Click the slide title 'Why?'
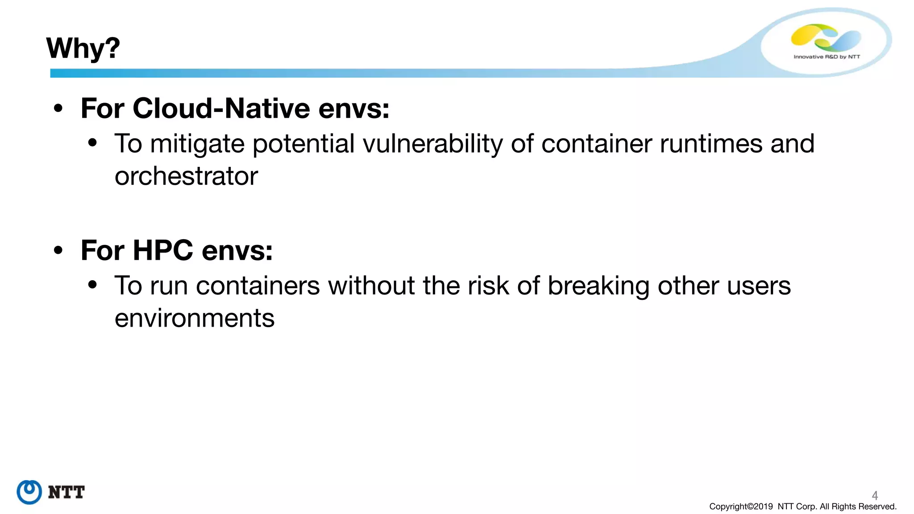pos(83,48)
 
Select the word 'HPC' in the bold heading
pos(163,250)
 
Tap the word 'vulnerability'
pos(432,144)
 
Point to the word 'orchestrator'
pos(186,176)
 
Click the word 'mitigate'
pos(197,144)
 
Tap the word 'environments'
pos(194,318)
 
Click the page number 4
pos(875,495)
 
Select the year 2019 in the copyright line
pos(763,506)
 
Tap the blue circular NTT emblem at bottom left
pos(29,492)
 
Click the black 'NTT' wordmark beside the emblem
pos(66,492)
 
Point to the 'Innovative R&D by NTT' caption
pos(827,57)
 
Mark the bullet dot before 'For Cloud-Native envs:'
pos(58,108)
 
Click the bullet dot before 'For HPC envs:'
pos(58,250)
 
